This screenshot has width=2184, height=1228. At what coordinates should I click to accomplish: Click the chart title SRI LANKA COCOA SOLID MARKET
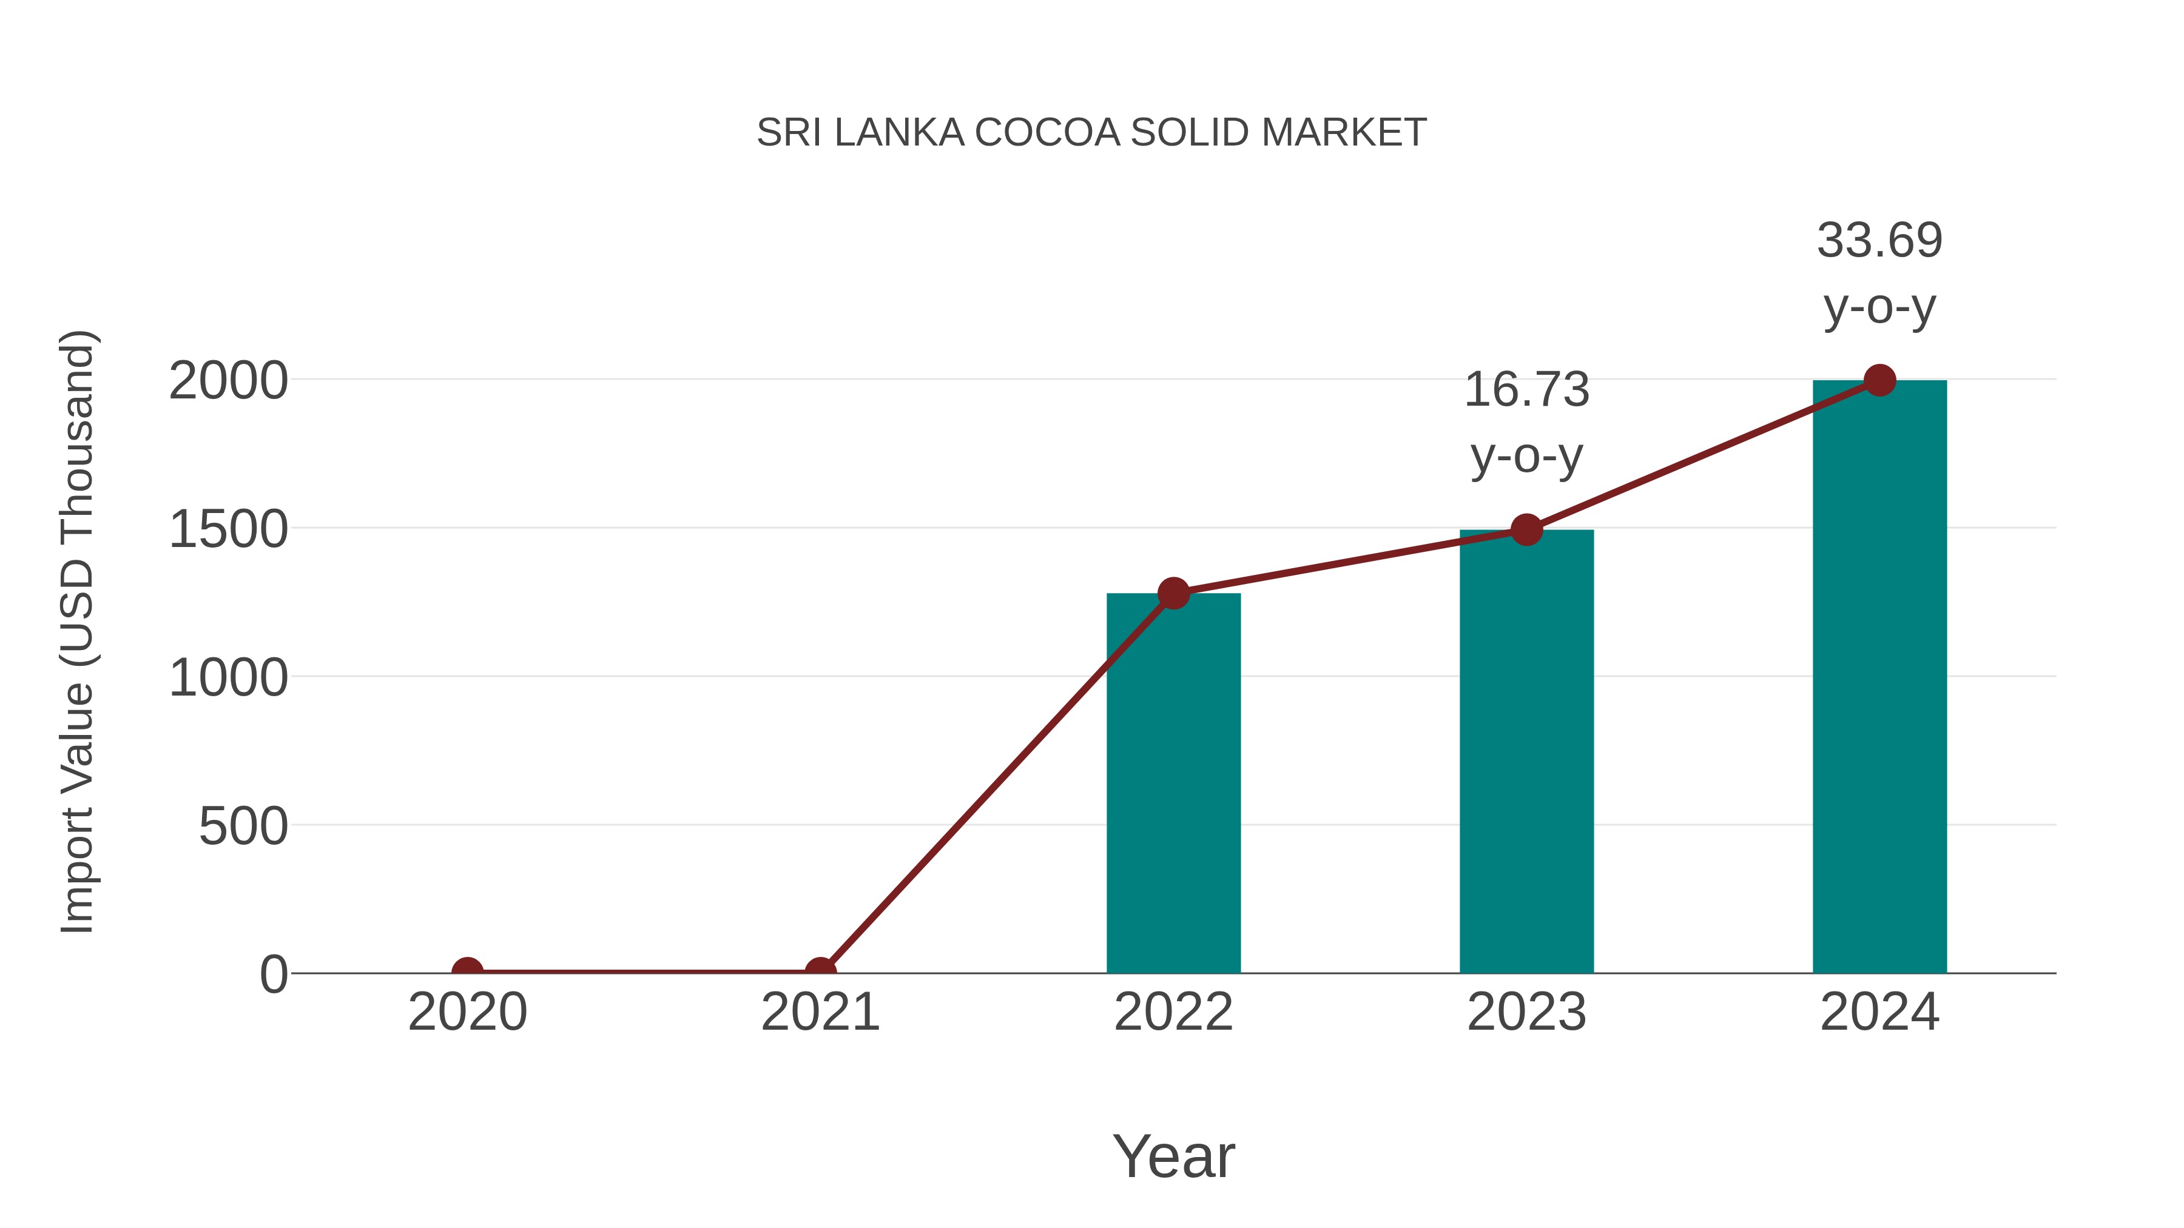coord(1091,133)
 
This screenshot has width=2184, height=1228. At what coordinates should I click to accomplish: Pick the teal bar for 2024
coord(1879,677)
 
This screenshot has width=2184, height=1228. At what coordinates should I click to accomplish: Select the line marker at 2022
coord(1173,593)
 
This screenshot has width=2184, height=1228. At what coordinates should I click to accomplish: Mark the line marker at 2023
coord(1526,529)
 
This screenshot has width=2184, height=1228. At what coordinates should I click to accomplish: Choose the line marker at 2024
coord(1879,380)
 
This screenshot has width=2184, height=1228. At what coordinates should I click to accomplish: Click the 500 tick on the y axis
coord(243,827)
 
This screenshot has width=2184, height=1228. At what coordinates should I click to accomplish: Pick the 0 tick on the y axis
coord(274,975)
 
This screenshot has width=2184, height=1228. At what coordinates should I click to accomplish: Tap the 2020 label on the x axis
coord(467,1012)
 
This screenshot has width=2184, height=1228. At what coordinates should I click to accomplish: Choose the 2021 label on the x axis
coord(820,1012)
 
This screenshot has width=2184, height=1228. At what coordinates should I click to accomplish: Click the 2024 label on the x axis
coord(1879,1012)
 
